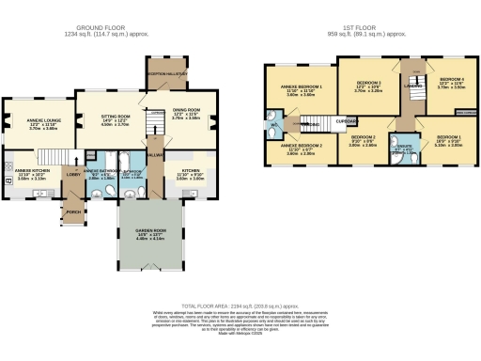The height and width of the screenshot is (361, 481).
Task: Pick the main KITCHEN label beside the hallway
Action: point(191,172)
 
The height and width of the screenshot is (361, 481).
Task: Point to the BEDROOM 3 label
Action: point(367,84)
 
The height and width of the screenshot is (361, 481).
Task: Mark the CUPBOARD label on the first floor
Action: point(349,120)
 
